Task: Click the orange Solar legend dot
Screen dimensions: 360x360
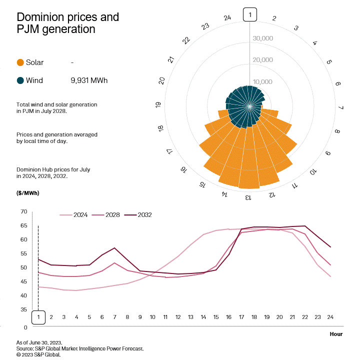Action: pyautogui.click(x=20, y=62)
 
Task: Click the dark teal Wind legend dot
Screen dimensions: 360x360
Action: pyautogui.click(x=20, y=80)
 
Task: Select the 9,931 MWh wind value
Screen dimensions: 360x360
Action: pyautogui.click(x=89, y=80)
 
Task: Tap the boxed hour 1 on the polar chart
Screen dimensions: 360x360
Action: pyautogui.click(x=250, y=15)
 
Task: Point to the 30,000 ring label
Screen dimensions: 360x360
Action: pyautogui.click(x=262, y=38)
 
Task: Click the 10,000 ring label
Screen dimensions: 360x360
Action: pyautogui.click(x=262, y=82)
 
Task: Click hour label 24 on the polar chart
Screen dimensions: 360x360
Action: pyautogui.click(x=227, y=18)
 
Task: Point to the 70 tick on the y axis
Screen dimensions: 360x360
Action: pyautogui.click(x=23, y=212)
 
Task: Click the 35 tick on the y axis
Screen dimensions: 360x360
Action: pyautogui.click(x=23, y=310)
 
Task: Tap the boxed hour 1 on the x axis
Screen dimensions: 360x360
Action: pyautogui.click(x=38, y=317)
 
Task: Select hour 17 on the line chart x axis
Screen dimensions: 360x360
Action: pyautogui.click(x=242, y=317)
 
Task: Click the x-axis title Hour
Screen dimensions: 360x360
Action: pyautogui.click(x=336, y=333)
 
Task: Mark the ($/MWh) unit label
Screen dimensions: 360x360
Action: pyautogui.click(x=28, y=192)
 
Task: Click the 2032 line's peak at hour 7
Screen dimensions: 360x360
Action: pyautogui.click(x=114, y=248)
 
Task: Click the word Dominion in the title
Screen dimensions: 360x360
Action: pyautogui.click(x=39, y=17)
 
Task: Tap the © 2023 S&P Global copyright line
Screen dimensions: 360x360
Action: pyautogui.click(x=38, y=354)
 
